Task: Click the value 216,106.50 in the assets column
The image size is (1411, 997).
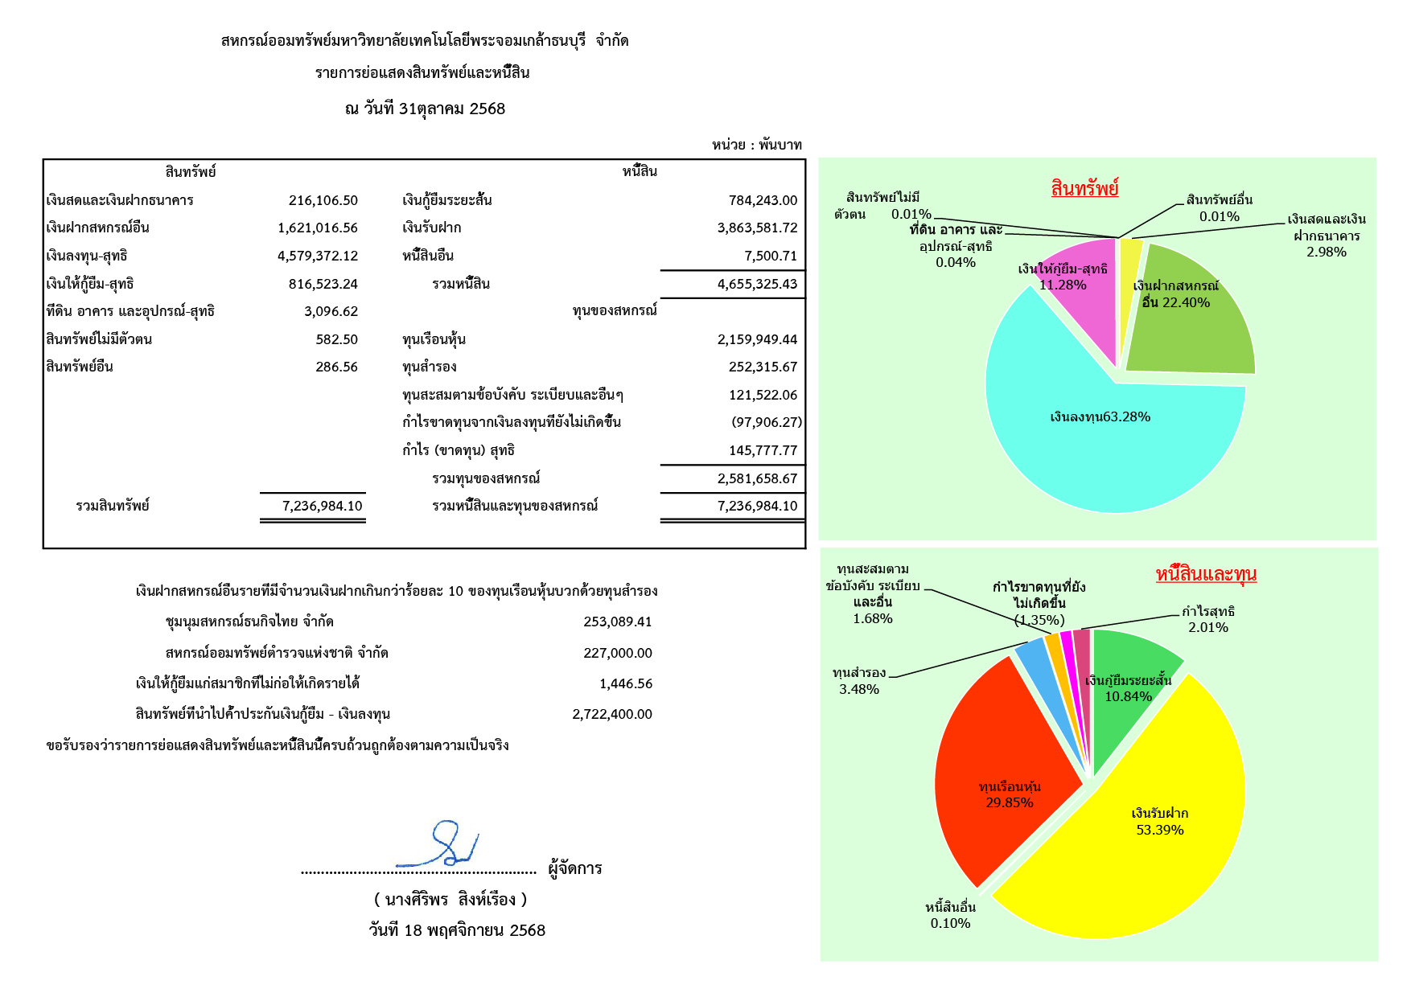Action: coord(323,200)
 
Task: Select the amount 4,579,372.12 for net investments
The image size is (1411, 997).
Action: coord(317,256)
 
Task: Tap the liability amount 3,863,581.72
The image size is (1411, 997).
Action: coord(757,228)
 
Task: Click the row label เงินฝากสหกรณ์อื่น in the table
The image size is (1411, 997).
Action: coord(97,228)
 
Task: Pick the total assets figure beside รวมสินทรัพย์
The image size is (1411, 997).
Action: coord(322,506)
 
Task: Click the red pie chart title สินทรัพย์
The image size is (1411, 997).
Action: coord(1084,189)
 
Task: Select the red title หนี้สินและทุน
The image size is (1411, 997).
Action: coord(1205,574)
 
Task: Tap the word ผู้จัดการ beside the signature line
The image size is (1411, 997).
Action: coord(574,868)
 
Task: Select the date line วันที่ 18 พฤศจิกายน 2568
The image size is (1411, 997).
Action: coord(457,930)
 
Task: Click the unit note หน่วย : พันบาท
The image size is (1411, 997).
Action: coord(756,145)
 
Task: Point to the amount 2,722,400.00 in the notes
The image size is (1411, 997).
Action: coord(611,714)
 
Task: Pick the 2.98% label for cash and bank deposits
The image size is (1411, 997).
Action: coord(1326,252)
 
